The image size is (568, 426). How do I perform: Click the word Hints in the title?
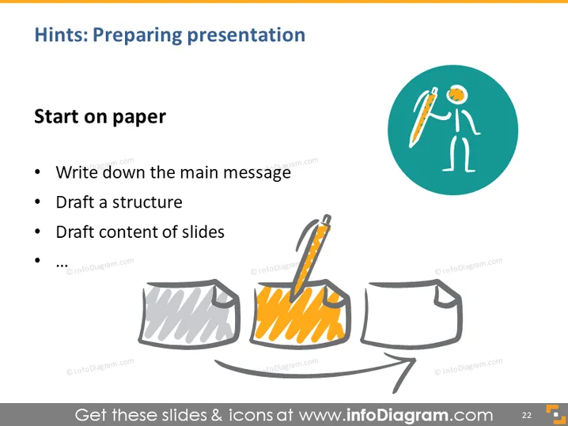click(61, 35)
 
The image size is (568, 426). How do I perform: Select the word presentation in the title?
click(246, 36)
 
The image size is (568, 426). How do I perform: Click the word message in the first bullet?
click(257, 173)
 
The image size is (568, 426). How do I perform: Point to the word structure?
click(147, 202)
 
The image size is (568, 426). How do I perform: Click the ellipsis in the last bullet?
click(62, 266)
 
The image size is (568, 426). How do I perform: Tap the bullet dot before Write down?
click(37, 172)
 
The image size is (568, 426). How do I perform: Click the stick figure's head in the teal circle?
click(456, 95)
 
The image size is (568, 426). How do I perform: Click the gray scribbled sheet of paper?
click(189, 313)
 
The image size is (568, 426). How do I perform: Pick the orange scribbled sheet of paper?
click(300, 314)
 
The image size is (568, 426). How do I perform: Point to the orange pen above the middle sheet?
click(311, 258)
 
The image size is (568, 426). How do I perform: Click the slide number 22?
click(526, 415)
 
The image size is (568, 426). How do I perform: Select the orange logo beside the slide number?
click(556, 414)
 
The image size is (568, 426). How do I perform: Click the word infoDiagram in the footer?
click(397, 415)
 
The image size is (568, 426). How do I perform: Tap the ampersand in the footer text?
click(216, 415)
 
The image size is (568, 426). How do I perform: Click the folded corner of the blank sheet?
click(445, 296)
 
